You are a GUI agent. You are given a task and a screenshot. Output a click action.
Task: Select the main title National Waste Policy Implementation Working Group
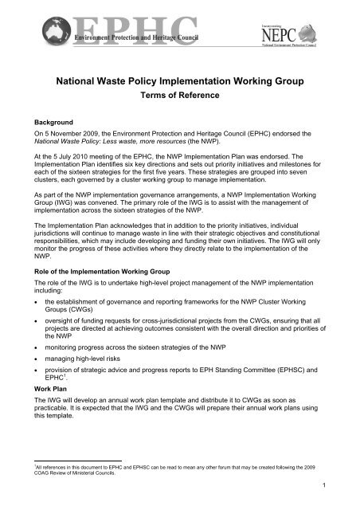[x=179, y=80]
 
